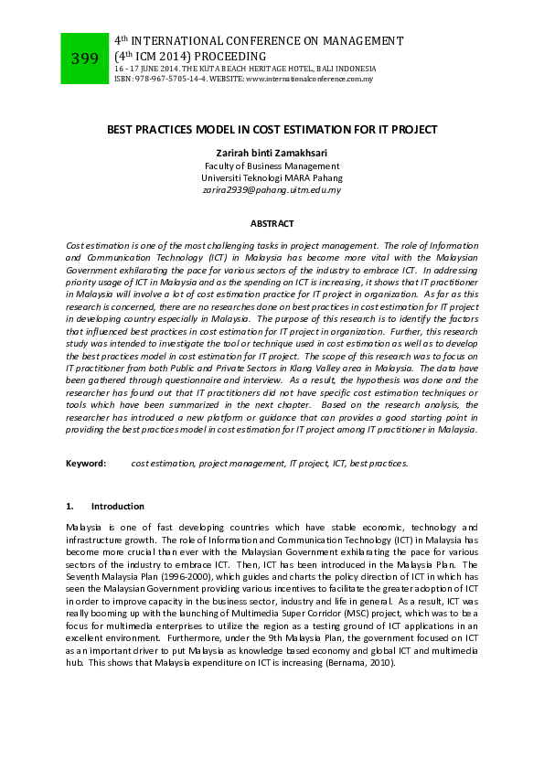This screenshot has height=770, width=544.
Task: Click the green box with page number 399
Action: (x=84, y=59)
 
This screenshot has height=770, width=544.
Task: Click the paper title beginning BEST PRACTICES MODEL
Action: (x=272, y=131)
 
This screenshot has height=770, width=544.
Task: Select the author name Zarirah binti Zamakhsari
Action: (x=272, y=153)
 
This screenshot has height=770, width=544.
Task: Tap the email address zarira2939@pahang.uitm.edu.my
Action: (x=272, y=190)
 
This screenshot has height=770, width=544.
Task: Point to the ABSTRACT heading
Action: (x=272, y=223)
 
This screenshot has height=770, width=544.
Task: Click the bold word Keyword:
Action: (x=86, y=464)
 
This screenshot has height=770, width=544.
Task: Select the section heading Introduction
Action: (x=118, y=506)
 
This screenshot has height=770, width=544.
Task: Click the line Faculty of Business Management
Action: (x=272, y=166)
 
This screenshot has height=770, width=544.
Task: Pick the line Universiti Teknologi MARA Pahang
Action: (x=272, y=177)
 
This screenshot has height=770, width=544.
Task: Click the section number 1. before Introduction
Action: (x=70, y=506)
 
